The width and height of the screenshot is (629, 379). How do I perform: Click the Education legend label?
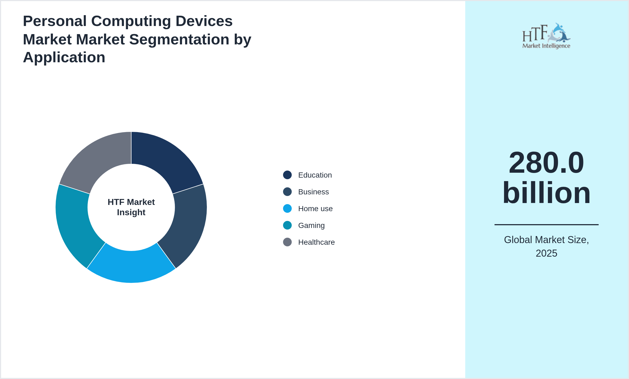click(x=315, y=175)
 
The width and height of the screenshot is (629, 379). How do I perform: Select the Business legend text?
click(x=313, y=192)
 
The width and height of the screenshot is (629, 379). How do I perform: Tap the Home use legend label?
click(x=315, y=209)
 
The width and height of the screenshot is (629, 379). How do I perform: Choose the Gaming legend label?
click(x=311, y=226)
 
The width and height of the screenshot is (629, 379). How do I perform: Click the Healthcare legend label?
click(x=316, y=242)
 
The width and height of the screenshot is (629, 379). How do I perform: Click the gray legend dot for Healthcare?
click(x=287, y=242)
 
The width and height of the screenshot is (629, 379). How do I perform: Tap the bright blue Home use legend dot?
click(x=287, y=208)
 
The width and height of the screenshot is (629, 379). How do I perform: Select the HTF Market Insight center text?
click(x=131, y=207)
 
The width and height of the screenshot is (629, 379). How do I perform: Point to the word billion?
click(x=546, y=193)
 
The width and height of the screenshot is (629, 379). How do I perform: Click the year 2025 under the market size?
click(x=546, y=253)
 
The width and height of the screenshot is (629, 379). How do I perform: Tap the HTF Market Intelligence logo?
click(x=546, y=36)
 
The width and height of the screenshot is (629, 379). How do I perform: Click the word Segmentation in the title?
click(x=179, y=40)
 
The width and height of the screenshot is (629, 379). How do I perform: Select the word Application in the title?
click(x=64, y=57)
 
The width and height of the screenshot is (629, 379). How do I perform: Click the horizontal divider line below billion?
click(x=546, y=224)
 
